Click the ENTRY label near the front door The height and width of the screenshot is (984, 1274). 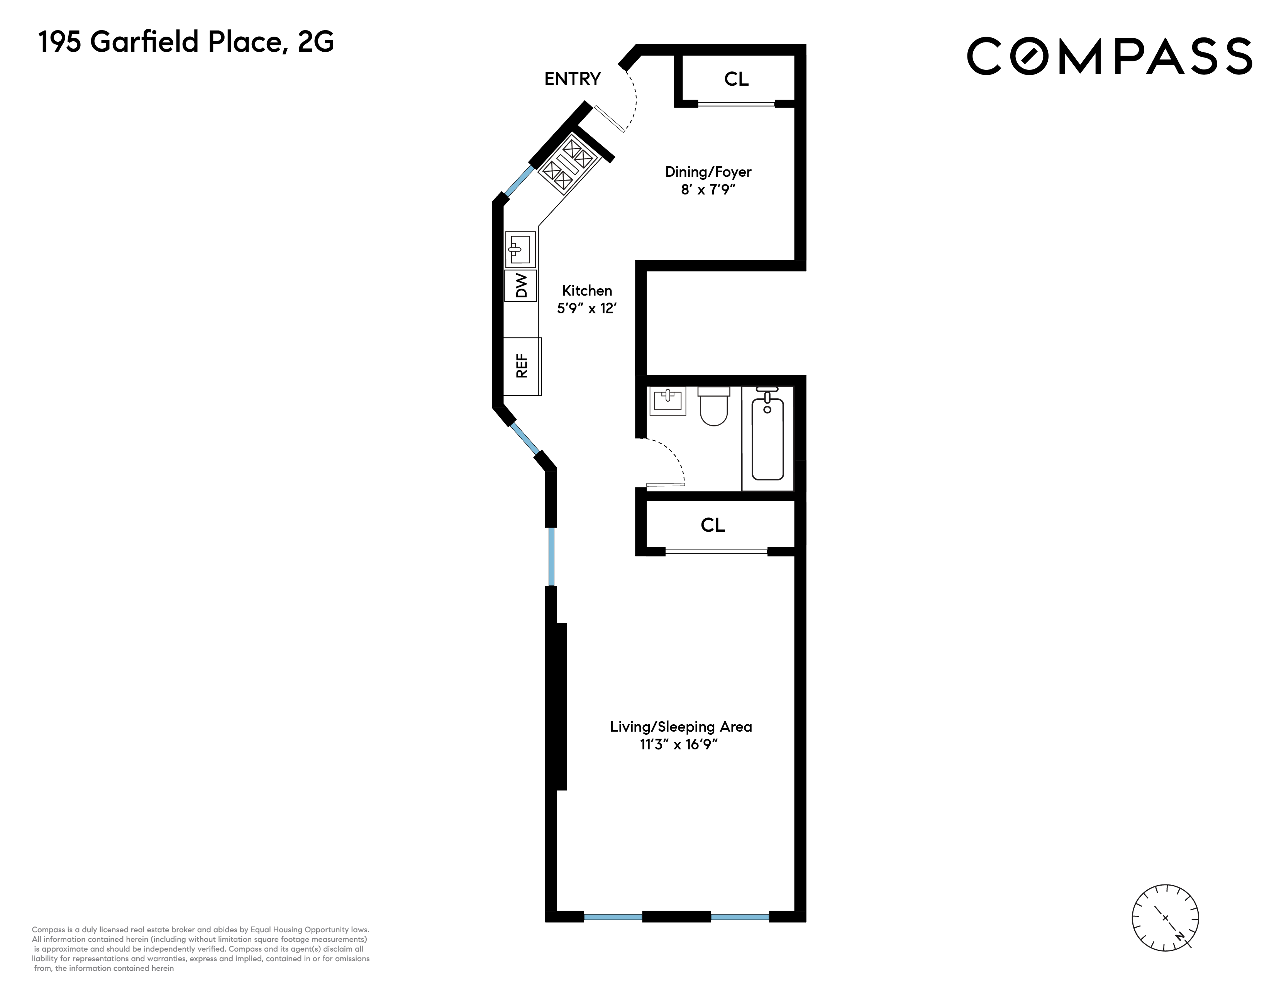572,79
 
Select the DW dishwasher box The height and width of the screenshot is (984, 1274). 521,285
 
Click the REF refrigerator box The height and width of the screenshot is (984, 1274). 522,366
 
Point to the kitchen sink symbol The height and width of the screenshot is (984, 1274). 520,250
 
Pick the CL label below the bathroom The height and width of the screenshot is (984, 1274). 712,525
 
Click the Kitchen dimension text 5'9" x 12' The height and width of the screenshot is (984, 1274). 586,308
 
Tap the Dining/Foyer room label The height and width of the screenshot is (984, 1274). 708,172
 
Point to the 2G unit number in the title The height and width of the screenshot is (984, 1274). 315,42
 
